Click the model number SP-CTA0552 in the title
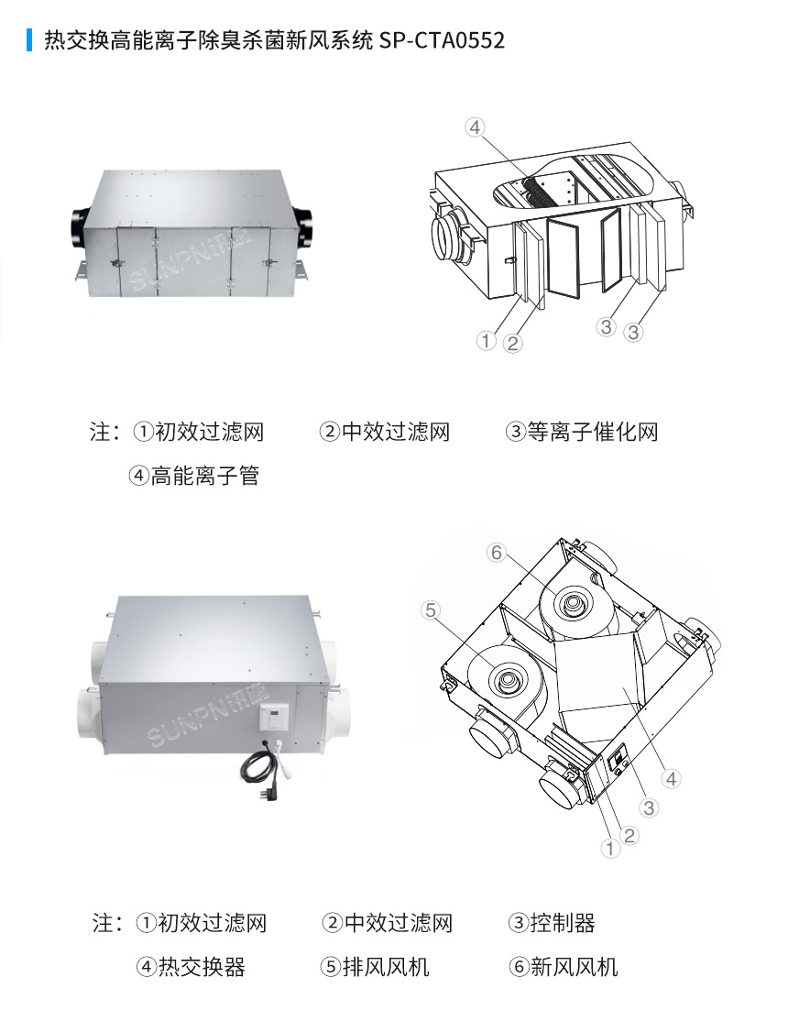(x=442, y=41)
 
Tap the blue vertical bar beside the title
(x=29, y=40)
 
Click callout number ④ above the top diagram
(x=474, y=127)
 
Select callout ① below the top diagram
(x=486, y=341)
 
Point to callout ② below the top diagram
(x=513, y=344)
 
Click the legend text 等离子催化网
(x=592, y=432)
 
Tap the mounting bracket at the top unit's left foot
(x=82, y=271)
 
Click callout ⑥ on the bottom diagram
(x=496, y=552)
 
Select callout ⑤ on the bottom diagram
(x=432, y=609)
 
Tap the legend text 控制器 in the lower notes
(x=563, y=923)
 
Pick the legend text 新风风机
(x=575, y=967)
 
